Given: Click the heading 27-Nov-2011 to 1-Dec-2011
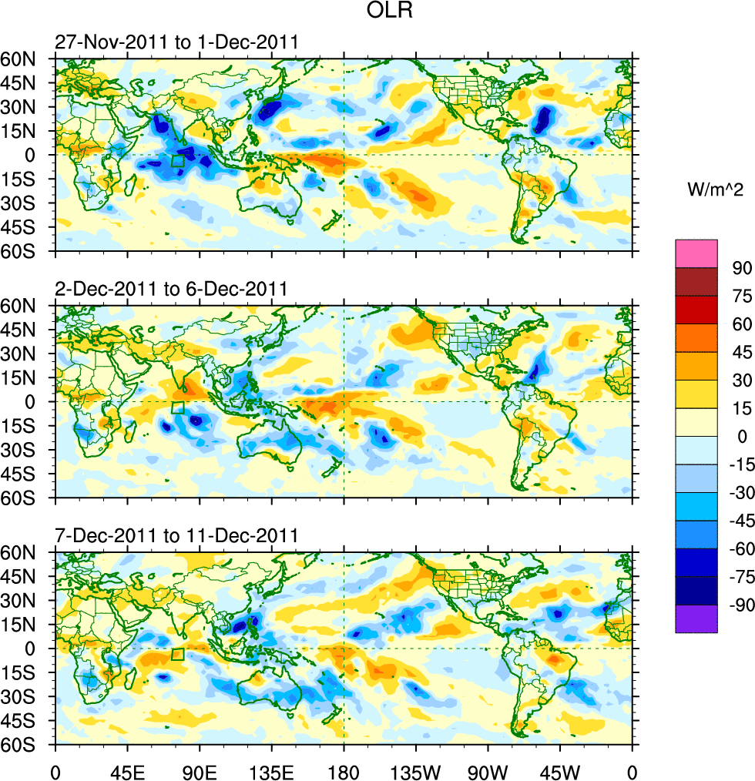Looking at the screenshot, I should click(x=176, y=42).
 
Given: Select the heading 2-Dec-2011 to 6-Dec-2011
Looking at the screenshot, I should click(x=171, y=289).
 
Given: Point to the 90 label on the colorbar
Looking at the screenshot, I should click(x=740, y=267).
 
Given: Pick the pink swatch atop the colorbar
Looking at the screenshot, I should click(x=696, y=253).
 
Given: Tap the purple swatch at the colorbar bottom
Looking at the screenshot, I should click(x=696, y=619).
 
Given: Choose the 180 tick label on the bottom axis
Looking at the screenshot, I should click(x=344, y=769).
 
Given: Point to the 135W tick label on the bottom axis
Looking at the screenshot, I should click(x=415, y=769).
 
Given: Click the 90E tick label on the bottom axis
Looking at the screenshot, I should click(x=200, y=769).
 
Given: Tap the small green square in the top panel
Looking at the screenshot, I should click(x=178, y=160).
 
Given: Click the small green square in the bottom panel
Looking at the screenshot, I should click(x=178, y=655).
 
